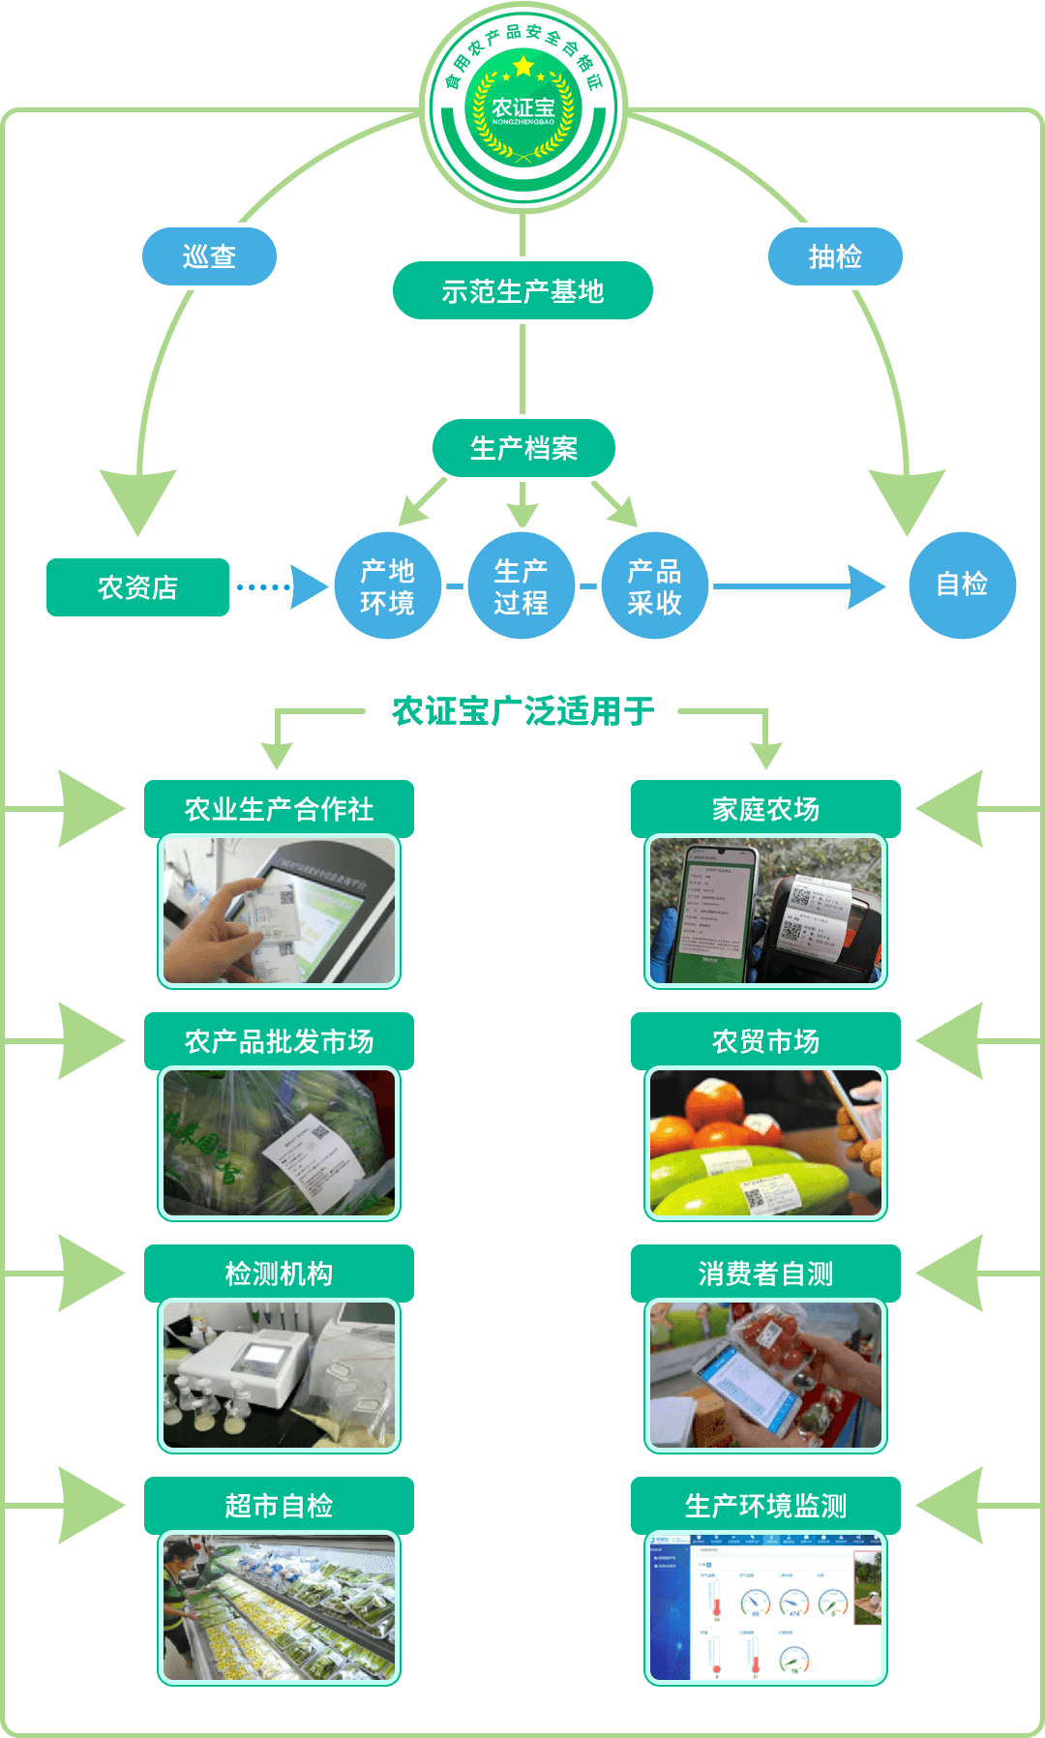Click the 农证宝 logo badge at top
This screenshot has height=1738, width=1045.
(523, 107)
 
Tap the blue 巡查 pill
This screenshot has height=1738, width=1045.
(209, 256)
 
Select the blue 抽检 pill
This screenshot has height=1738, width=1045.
(835, 256)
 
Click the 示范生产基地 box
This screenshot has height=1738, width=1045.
(522, 290)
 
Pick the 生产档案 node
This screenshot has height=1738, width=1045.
(523, 448)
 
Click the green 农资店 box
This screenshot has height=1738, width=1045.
(137, 587)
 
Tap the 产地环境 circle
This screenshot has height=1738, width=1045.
(387, 585)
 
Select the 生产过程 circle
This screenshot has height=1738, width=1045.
(521, 585)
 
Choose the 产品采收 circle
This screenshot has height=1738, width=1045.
(654, 585)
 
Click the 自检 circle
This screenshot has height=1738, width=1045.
(962, 584)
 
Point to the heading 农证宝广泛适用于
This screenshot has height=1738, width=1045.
(522, 711)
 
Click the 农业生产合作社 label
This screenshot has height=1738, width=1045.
(279, 808)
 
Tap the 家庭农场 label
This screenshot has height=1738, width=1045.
(765, 808)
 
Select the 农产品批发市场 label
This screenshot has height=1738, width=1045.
(279, 1040)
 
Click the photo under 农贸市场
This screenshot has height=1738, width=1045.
(765, 1143)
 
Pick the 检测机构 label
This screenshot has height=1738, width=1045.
(279, 1273)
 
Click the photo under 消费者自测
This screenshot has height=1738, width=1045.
(765, 1375)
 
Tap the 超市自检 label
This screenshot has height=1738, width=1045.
(279, 1505)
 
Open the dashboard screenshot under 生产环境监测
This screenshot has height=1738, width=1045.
(765, 1607)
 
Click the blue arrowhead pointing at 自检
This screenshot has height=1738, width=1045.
(866, 586)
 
